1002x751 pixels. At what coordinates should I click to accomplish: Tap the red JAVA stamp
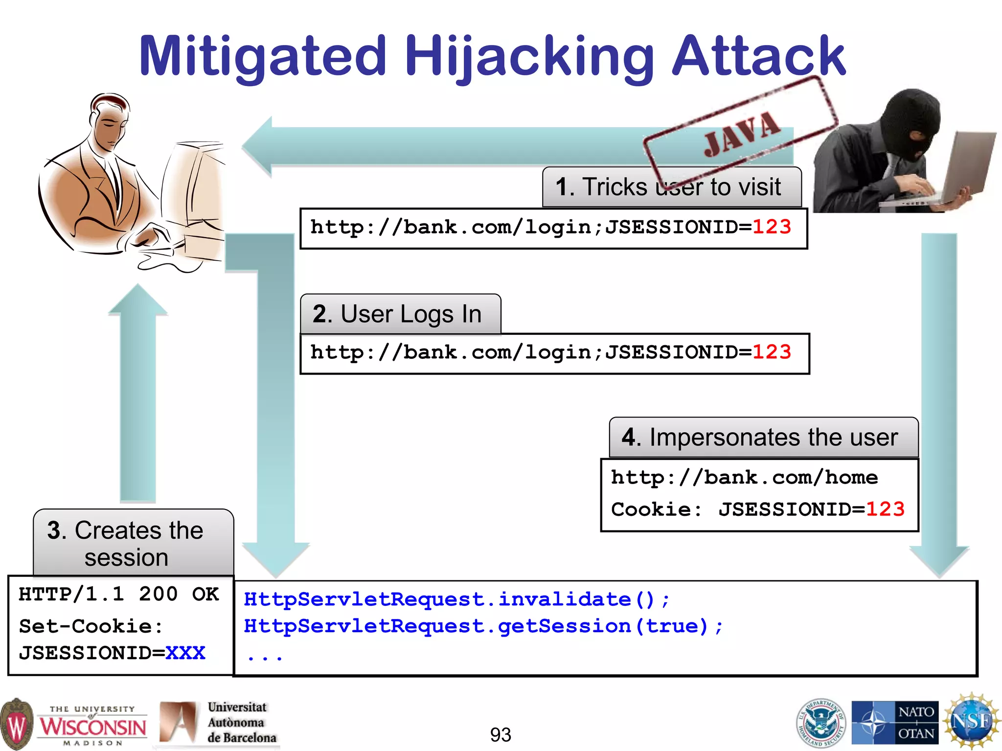coord(741,133)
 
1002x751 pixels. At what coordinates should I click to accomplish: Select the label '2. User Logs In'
coord(397,314)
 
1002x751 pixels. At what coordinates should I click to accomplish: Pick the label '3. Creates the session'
coord(126,544)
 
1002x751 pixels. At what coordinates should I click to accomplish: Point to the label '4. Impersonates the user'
coord(760,437)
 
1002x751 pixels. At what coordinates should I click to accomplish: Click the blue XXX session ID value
coord(185,653)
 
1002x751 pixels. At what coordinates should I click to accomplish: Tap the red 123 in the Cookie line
coord(885,509)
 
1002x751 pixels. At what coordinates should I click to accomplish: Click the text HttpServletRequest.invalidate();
coord(456,599)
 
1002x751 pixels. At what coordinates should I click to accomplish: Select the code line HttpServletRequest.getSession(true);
coord(483,626)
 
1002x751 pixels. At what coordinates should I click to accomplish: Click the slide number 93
coord(501,734)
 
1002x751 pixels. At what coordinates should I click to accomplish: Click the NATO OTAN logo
coord(895,722)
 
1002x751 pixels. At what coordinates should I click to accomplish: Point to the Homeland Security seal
coord(821,722)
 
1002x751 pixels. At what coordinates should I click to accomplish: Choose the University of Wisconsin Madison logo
coord(73,724)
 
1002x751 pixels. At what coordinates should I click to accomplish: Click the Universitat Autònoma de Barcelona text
coord(242,722)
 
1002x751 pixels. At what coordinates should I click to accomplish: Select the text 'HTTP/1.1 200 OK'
coord(119,595)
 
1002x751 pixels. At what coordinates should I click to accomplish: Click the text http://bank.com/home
coord(744,477)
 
